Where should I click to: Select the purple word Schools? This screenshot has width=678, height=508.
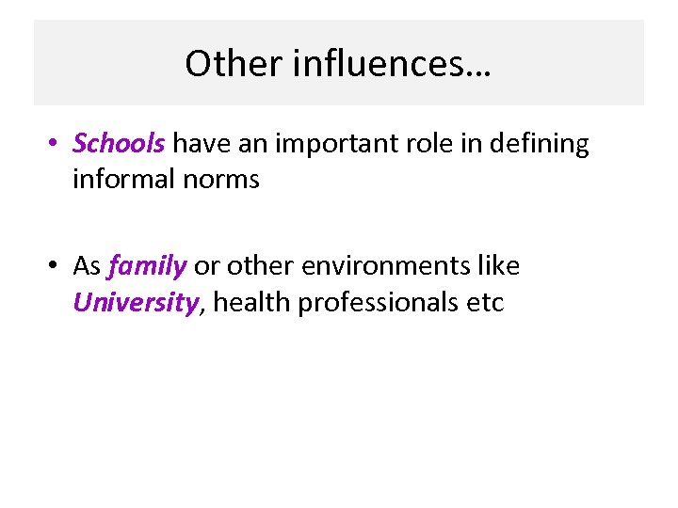[119, 144]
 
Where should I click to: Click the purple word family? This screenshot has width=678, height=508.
[147, 266]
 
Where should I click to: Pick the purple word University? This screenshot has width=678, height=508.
[136, 303]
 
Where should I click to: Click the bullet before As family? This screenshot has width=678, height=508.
[56, 267]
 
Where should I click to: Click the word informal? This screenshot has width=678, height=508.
[120, 179]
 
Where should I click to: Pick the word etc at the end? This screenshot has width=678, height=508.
[486, 303]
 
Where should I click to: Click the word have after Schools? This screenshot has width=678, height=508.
[195, 144]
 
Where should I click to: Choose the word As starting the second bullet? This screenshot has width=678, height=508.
[87, 266]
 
